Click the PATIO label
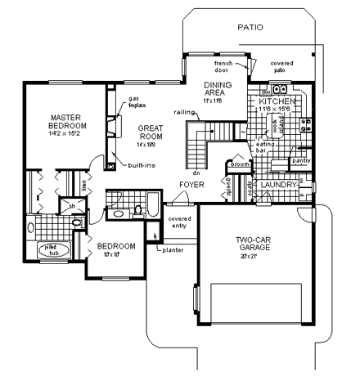(250, 27)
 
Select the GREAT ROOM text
(153, 133)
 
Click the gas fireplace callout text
(137, 103)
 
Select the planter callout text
(173, 250)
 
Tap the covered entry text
(178, 223)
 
